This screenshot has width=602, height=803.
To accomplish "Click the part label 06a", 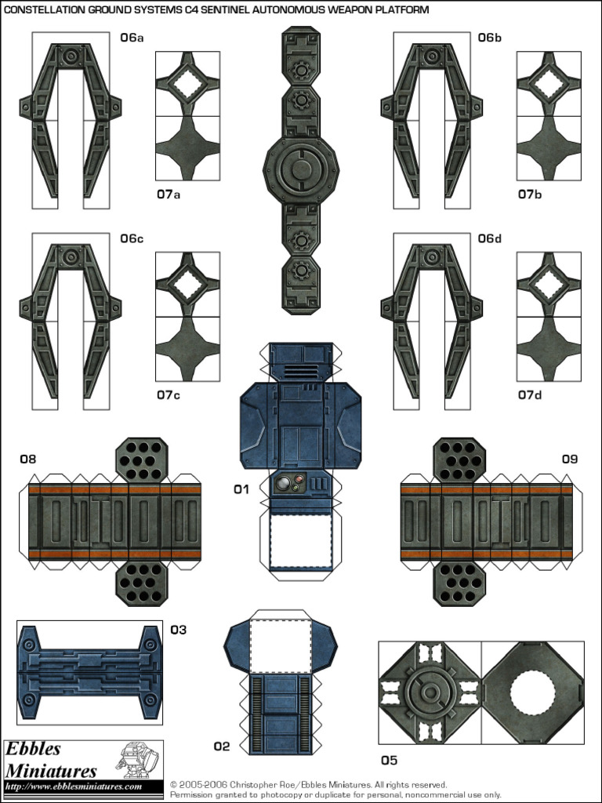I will (132, 38).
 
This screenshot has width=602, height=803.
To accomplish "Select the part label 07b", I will (530, 194).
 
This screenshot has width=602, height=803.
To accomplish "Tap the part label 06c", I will (132, 238).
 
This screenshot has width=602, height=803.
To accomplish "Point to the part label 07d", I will (530, 395).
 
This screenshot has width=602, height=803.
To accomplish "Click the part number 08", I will (28, 460).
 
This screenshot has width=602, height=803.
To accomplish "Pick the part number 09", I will (569, 460).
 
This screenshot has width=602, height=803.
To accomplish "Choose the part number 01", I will (241, 489).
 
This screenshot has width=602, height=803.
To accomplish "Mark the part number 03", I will (179, 630).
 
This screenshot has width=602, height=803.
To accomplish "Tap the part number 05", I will (389, 760).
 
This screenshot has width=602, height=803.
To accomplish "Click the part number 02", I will (222, 747).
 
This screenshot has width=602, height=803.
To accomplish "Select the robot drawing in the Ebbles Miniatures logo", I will (136, 760).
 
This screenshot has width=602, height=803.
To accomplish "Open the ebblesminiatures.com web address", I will (74, 787).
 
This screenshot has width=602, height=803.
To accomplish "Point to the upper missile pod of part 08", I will (142, 460).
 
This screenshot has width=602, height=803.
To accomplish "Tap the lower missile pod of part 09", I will (459, 583).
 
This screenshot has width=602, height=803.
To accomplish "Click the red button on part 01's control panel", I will (285, 481).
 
